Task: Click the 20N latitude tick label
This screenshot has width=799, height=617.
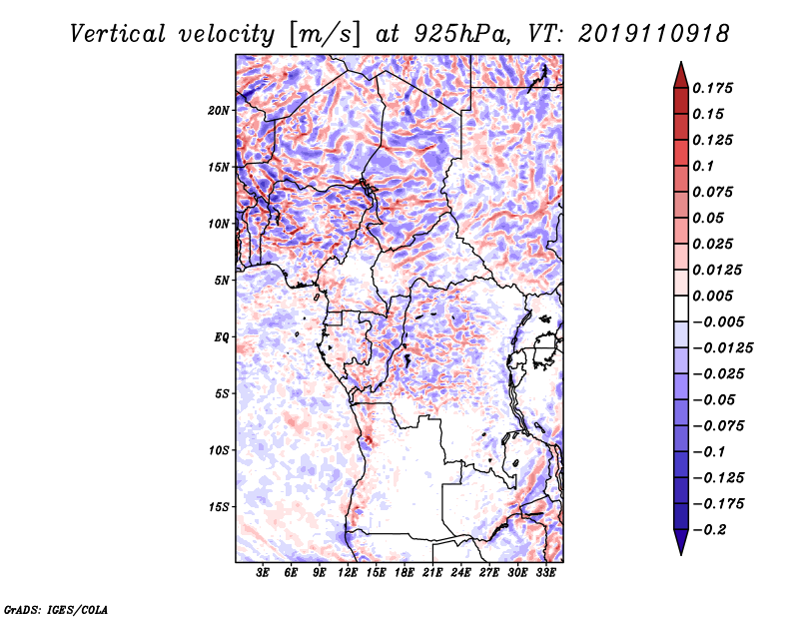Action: [x=219, y=110]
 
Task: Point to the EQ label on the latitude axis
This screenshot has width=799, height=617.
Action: [x=222, y=336]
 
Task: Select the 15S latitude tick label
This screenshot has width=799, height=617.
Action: [x=219, y=506]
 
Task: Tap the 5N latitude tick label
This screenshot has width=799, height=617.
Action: [x=222, y=280]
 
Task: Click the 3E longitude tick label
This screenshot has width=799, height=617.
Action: [x=263, y=572]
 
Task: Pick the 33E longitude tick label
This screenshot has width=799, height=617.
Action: [x=545, y=572]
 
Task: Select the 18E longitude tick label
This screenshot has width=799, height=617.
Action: [x=404, y=572]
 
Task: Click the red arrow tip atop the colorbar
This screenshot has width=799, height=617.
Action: [x=680, y=71]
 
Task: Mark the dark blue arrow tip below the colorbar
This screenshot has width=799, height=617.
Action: [x=680, y=546]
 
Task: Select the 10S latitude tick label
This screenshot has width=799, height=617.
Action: [x=219, y=449]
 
